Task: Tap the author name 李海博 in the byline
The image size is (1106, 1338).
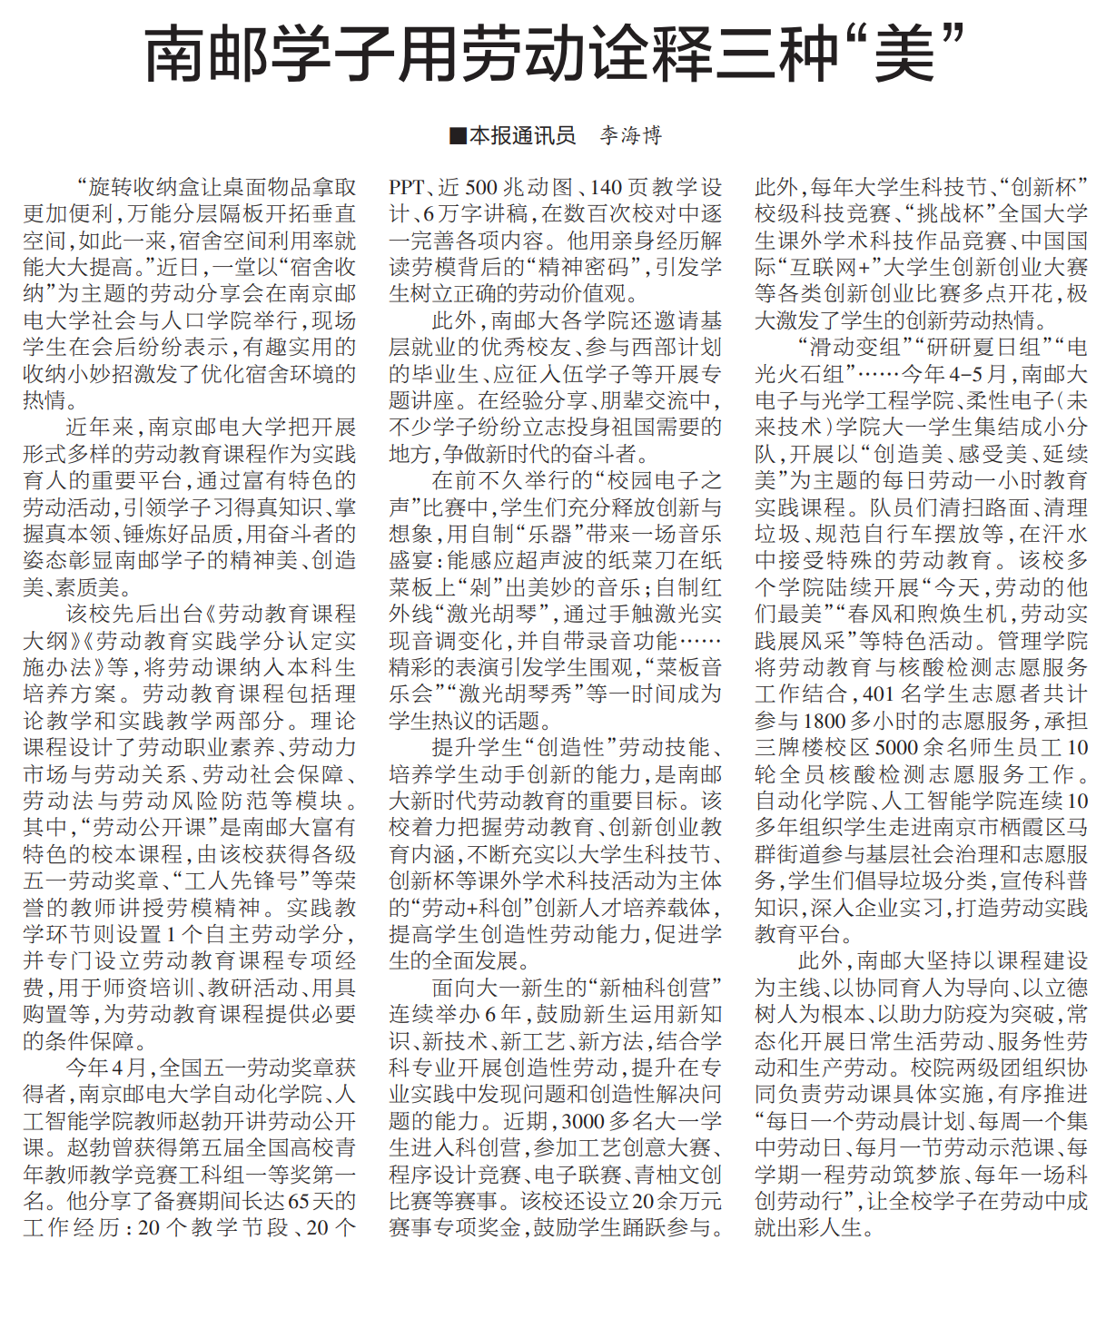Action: click(x=631, y=136)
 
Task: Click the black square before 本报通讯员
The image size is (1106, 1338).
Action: click(x=458, y=136)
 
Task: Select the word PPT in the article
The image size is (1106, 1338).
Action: click(x=407, y=188)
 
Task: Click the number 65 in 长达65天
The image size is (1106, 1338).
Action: click(x=299, y=1201)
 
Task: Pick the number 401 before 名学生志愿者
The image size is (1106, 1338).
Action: click(x=878, y=694)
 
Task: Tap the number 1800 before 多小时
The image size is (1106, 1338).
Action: click(x=824, y=721)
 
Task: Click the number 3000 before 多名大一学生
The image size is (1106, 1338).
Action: click(x=581, y=1121)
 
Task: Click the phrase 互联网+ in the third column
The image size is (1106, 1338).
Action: click(x=827, y=268)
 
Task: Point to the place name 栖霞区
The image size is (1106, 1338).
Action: click(x=1009, y=828)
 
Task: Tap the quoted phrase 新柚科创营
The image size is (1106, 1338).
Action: click(x=655, y=988)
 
